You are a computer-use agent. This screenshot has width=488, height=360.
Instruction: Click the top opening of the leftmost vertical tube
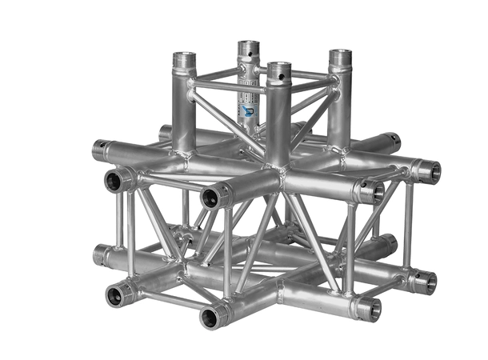point(184,58)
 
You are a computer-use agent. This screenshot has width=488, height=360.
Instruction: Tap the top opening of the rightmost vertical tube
point(341,56)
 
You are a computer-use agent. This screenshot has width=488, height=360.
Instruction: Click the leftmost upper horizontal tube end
point(101,149)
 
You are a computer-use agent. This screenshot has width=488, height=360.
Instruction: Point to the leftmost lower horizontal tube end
point(100,255)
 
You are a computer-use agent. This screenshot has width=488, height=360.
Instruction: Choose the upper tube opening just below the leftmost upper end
point(114,180)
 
